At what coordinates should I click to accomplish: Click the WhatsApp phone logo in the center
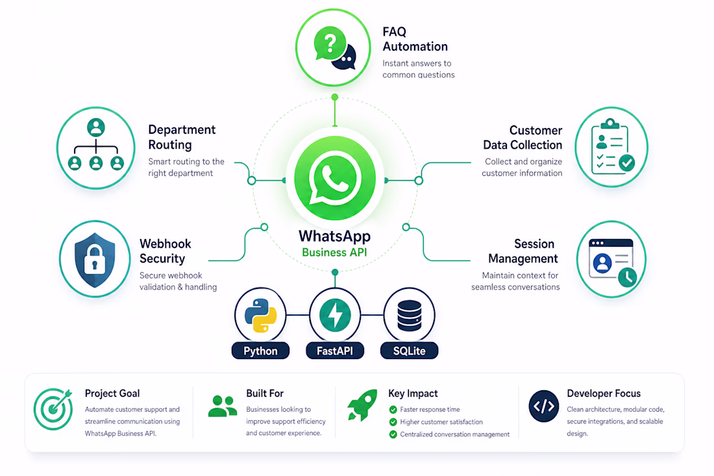[x=335, y=178]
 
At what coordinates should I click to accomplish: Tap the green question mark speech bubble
[x=330, y=44]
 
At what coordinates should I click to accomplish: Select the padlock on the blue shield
[x=95, y=259]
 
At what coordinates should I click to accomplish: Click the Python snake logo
[x=260, y=315]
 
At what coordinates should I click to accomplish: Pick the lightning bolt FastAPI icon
[x=335, y=315]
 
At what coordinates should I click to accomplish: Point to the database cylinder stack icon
[x=410, y=315]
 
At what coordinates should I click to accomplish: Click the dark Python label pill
[x=260, y=351]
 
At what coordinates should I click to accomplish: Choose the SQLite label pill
[x=410, y=351]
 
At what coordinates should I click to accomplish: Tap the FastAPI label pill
[x=335, y=351]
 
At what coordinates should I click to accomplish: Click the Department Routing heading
[x=182, y=137]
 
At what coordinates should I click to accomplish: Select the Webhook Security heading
[x=166, y=251]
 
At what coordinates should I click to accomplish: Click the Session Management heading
[x=523, y=251]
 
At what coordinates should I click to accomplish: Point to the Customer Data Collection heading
[x=523, y=138]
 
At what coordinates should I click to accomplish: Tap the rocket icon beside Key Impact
[x=363, y=405]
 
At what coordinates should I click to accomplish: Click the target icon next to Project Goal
[x=53, y=408]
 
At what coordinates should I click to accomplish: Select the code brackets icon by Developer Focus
[x=544, y=406]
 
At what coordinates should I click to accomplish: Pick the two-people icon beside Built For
[x=223, y=407]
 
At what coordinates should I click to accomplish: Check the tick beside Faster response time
[x=393, y=410]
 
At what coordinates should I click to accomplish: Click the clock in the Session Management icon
[x=628, y=277]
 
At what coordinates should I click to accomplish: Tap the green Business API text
[x=335, y=253]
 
